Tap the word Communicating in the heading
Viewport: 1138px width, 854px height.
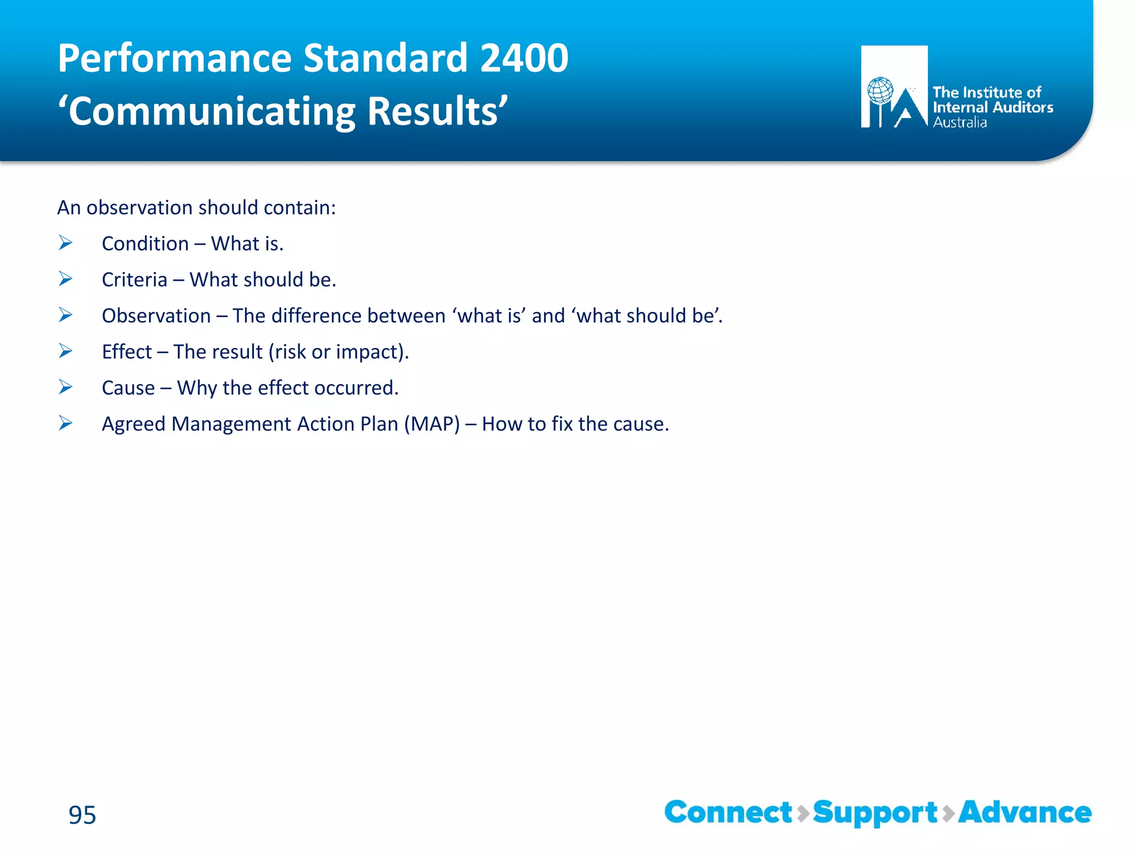212,112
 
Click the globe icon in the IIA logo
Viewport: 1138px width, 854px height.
880,91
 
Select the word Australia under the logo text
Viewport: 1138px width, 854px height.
960,123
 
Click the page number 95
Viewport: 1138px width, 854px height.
82,815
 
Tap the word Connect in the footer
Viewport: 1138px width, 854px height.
728,812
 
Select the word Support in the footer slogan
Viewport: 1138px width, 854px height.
875,813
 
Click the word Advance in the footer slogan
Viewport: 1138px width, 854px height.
1025,812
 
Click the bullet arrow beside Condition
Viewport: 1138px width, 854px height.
66,243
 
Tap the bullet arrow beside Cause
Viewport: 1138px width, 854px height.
66,387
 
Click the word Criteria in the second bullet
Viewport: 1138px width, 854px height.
134,280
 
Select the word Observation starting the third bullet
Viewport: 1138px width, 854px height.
156,316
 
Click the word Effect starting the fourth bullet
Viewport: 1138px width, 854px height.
127,352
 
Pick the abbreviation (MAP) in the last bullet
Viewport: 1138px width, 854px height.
432,424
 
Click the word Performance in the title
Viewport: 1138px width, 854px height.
174,58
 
